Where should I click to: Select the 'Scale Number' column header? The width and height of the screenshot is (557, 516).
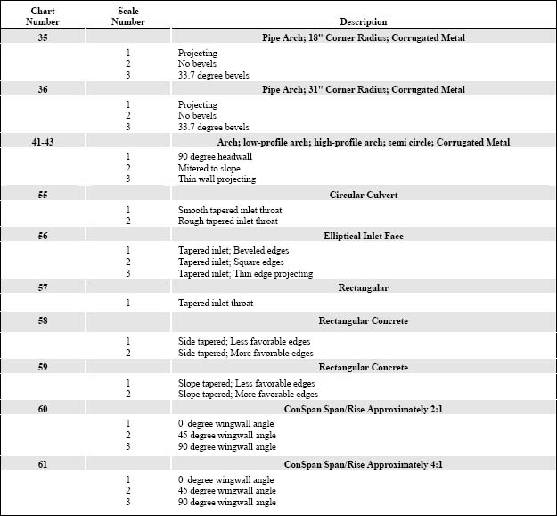[x=127, y=15]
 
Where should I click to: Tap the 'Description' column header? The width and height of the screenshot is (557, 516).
[x=363, y=21]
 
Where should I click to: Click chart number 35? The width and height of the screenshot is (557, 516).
[x=43, y=37]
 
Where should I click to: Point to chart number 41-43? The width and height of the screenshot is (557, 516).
[x=43, y=141]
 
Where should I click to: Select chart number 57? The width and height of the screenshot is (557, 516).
[x=43, y=287]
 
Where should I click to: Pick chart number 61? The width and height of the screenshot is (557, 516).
[x=43, y=464]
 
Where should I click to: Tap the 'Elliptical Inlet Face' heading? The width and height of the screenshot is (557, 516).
[x=363, y=236]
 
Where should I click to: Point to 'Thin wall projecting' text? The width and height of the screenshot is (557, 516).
[x=217, y=179]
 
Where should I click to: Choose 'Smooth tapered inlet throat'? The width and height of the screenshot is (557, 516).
[x=228, y=210]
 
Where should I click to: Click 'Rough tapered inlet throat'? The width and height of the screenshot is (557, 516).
[x=227, y=221]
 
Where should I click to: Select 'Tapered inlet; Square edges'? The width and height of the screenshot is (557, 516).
[x=231, y=262]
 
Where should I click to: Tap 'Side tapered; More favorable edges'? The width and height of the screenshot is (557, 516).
[x=247, y=353]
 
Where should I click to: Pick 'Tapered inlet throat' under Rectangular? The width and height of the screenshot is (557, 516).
[x=215, y=304]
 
